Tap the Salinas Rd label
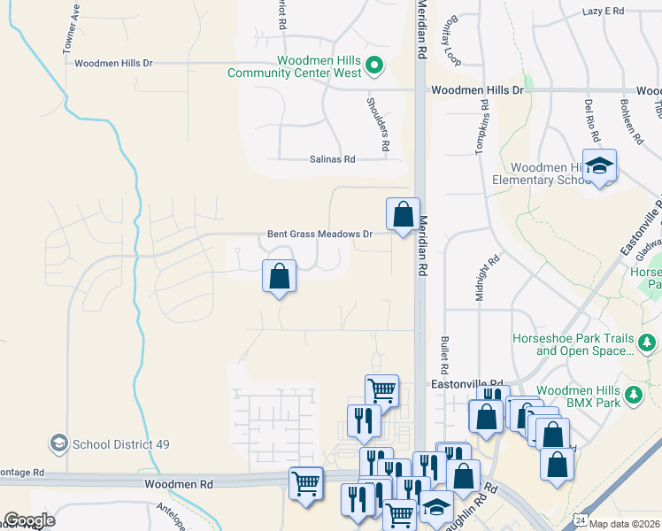[x=332, y=159]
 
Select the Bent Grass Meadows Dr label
[x=319, y=235]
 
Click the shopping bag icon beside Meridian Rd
[x=403, y=214]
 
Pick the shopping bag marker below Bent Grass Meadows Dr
[x=279, y=276]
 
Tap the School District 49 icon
[x=58, y=443]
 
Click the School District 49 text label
[x=120, y=443]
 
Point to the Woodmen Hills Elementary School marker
[x=600, y=165]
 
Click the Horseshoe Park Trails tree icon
[x=647, y=342]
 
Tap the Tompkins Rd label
[x=483, y=127]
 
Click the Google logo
[x=29, y=520]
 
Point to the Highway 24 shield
[x=579, y=517]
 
